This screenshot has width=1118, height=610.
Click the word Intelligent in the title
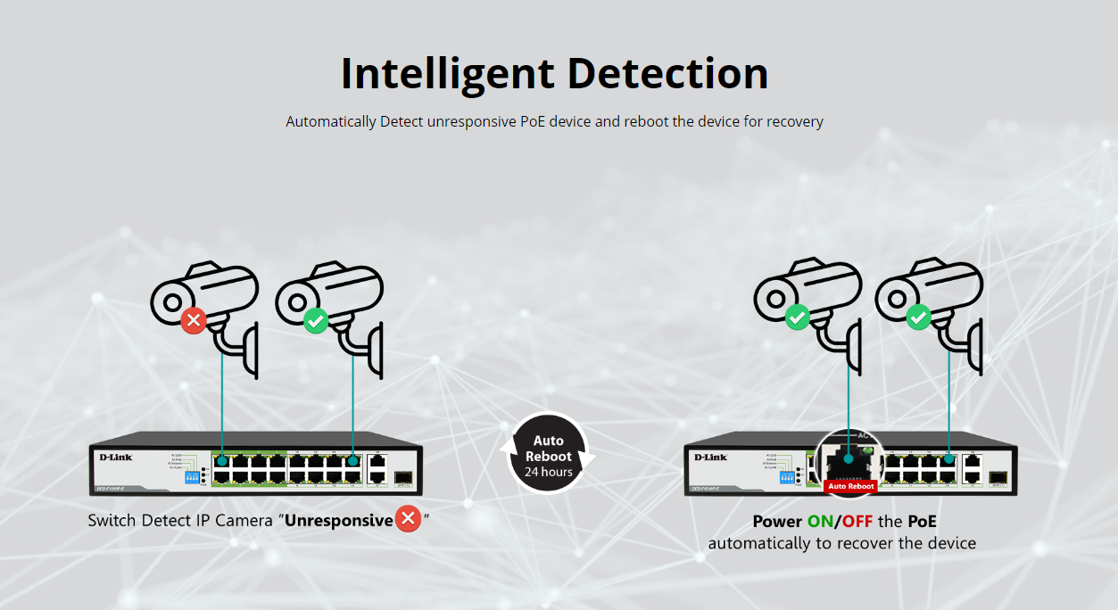(x=448, y=74)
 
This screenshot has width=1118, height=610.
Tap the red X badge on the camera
(x=194, y=320)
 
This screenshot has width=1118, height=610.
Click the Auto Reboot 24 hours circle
(x=548, y=454)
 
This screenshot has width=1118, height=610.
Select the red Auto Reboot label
(x=850, y=486)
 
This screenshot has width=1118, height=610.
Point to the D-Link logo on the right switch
(x=710, y=457)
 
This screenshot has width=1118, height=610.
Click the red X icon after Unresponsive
(x=408, y=518)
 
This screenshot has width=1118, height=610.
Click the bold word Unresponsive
(x=339, y=520)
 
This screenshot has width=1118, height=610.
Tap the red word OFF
(x=857, y=522)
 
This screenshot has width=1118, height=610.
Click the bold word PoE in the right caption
(x=922, y=522)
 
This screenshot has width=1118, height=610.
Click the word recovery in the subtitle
(x=793, y=121)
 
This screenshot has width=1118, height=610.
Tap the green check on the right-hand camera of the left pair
(x=316, y=320)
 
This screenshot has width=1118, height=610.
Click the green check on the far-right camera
(x=918, y=317)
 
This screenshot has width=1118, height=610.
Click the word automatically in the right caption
(x=758, y=543)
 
